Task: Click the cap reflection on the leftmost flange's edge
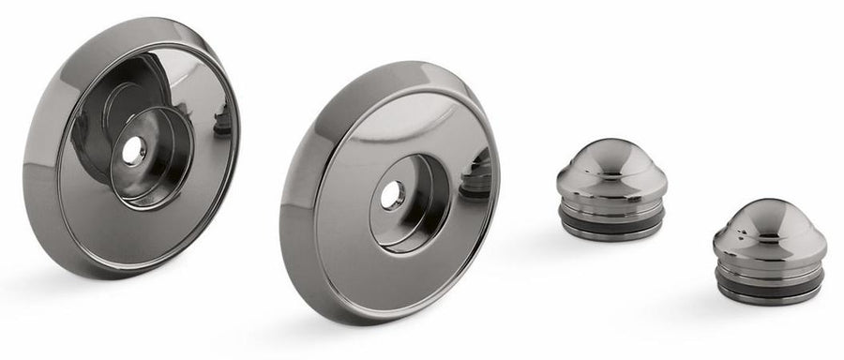(x=223, y=120)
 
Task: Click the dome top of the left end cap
(x=611, y=156)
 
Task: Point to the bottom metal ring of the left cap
(x=611, y=232)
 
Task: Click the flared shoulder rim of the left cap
(x=611, y=185)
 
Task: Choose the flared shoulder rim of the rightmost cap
(x=769, y=248)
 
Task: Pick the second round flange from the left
(x=328, y=225)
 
